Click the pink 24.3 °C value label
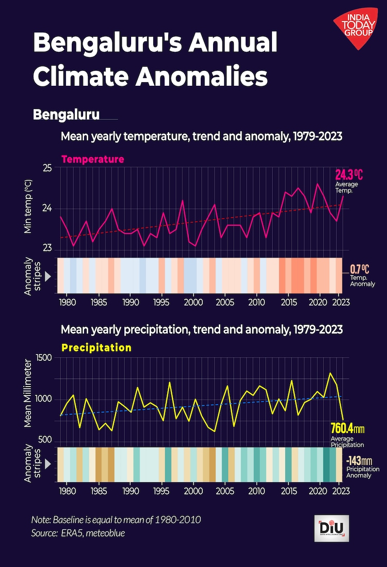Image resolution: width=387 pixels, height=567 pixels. [349, 174]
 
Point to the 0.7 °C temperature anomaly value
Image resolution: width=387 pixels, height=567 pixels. [359, 269]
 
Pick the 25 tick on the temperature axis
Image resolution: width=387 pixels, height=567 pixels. [47, 168]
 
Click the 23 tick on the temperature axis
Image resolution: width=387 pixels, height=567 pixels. [47, 248]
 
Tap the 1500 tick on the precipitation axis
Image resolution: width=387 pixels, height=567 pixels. [44, 358]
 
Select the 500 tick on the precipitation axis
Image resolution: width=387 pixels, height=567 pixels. [45, 440]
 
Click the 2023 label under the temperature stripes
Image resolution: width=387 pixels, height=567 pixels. [339, 302]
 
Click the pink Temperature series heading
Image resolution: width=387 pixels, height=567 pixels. [92, 159]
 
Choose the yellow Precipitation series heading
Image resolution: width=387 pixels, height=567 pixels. [96, 348]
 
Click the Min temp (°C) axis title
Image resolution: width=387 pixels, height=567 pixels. [29, 207]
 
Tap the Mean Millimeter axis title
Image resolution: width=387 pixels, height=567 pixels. [29, 399]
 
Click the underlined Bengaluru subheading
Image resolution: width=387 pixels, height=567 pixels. [66, 114]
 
